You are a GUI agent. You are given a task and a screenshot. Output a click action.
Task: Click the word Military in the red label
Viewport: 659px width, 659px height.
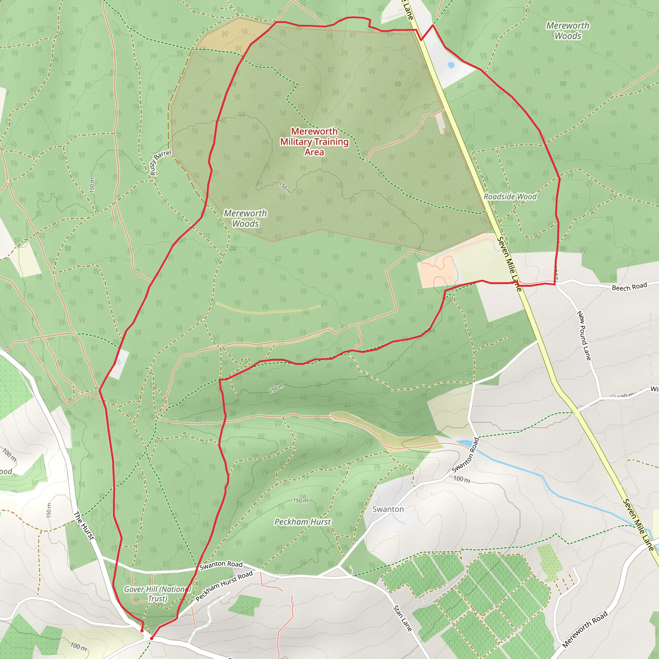coord(296,142)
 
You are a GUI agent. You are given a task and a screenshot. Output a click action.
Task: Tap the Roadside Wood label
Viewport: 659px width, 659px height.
coord(510,197)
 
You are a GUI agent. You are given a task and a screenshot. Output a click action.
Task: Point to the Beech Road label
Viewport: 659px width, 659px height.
coord(629,286)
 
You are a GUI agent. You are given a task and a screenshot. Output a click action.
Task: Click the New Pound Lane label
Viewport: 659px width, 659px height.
coord(584,336)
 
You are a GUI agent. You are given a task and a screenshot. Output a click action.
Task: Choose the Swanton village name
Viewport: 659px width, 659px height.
coord(388,509)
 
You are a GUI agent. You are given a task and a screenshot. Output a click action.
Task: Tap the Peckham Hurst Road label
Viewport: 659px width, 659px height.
coord(224,586)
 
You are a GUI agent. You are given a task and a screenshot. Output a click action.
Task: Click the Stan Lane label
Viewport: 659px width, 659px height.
coord(403,618)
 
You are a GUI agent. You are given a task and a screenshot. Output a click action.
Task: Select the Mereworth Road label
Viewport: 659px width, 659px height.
coord(585,629)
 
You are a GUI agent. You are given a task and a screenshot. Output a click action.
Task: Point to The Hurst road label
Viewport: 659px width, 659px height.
coord(84,526)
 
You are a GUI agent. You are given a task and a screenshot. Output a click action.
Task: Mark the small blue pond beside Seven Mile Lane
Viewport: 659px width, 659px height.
coord(450,65)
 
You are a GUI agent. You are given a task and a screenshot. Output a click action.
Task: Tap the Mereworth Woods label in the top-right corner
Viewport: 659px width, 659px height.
coord(568,31)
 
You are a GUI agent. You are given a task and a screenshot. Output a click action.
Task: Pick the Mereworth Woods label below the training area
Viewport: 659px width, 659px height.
coord(245,218)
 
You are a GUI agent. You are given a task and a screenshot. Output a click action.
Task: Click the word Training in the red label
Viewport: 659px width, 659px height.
coord(331,142)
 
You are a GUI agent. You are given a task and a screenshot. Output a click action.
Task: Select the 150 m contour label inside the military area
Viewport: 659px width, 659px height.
coord(285,188)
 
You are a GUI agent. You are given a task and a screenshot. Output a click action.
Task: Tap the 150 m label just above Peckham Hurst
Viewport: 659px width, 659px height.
coord(301,500)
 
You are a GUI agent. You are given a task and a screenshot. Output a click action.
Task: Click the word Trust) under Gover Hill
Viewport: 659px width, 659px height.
coord(157,599)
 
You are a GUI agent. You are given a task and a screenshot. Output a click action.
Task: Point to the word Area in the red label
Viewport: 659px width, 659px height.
coord(314,152)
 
